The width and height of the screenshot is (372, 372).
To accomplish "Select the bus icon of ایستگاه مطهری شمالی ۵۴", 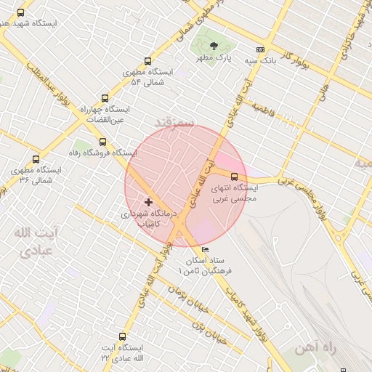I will (x=148, y=62).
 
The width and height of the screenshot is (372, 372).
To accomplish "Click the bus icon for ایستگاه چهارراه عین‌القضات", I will (x=105, y=98).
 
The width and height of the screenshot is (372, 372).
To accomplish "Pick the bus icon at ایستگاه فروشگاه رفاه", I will (x=102, y=142).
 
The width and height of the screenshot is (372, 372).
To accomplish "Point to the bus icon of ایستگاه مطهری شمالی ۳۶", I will (x=36, y=159).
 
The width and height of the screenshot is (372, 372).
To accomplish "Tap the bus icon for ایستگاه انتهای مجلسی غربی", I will (x=234, y=176).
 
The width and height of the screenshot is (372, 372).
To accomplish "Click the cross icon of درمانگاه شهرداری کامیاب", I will (x=149, y=202).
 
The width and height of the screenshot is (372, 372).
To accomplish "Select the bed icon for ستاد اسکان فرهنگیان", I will (x=204, y=250).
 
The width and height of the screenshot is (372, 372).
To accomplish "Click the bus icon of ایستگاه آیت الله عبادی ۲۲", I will (x=121, y=337).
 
